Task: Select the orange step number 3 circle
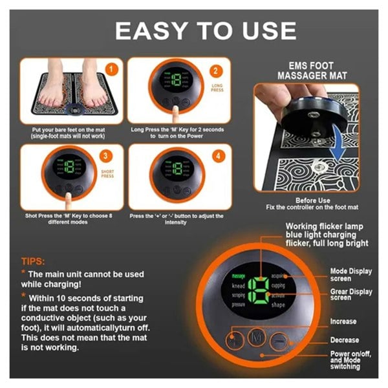(x=111, y=155)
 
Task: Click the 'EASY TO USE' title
(x=206, y=30)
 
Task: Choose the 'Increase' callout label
(x=343, y=321)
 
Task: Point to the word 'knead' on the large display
(x=238, y=285)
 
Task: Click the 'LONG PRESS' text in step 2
(x=218, y=87)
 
